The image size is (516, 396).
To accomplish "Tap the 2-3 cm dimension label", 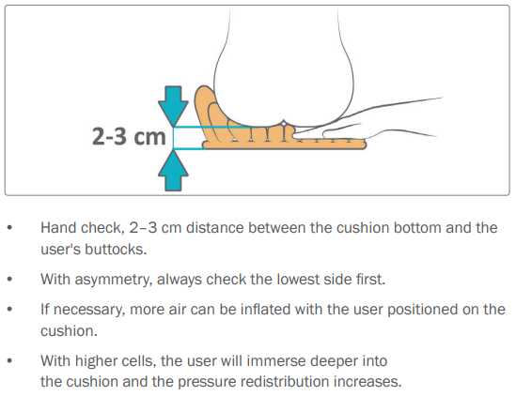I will [x=127, y=138].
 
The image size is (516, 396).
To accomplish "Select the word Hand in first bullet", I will [x=56, y=228].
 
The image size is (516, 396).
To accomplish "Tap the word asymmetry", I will [x=116, y=279].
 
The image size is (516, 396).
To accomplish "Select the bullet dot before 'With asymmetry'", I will [x=9, y=279].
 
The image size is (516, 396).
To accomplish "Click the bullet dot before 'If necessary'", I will [x=9, y=310].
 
